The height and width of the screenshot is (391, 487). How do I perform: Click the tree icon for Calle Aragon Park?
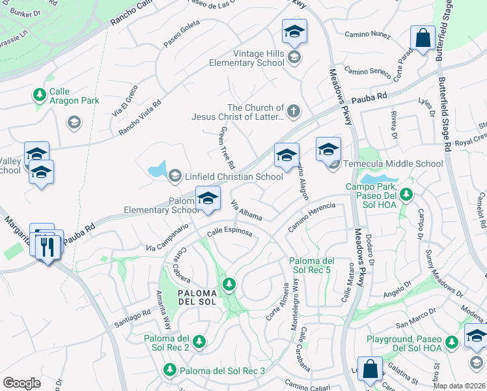[39, 95]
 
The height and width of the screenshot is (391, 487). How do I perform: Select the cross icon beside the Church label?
[294, 111]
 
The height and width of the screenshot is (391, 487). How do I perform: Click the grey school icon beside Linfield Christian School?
[174, 176]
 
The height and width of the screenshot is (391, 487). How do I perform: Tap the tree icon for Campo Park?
[406, 194]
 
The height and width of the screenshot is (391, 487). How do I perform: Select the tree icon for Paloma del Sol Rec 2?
[199, 341]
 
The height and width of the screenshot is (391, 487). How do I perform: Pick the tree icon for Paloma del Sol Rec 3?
[170, 370]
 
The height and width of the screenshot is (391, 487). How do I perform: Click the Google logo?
[21, 383]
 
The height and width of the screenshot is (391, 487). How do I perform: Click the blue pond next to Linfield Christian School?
[158, 171]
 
